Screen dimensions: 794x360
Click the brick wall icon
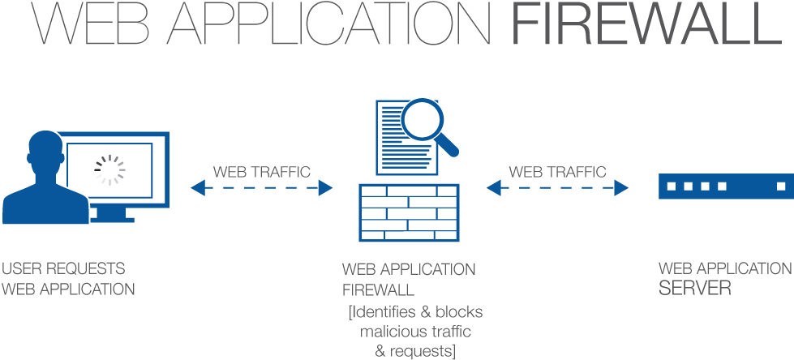click(409, 212)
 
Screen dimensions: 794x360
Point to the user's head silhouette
click(44, 151)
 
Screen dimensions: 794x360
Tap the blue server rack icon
click(724, 187)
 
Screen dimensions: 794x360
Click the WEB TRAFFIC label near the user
click(261, 172)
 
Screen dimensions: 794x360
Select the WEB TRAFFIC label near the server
click(557, 172)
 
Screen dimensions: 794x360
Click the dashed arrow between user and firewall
click(261, 188)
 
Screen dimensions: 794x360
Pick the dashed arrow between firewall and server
click(557, 188)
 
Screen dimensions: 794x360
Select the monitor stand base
click(113, 218)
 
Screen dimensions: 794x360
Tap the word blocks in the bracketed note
click(459, 312)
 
